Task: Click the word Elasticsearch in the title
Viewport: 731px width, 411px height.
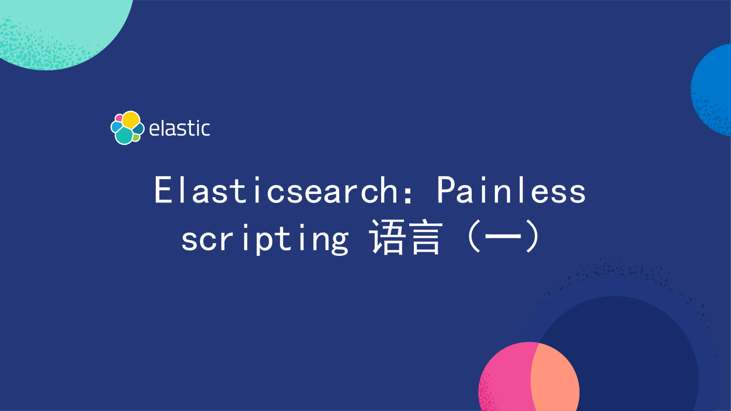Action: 276,190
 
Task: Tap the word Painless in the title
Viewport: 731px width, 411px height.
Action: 511,190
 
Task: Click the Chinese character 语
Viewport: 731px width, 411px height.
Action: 387,237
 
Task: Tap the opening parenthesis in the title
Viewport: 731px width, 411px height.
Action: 474,236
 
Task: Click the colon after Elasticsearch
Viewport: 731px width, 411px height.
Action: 408,195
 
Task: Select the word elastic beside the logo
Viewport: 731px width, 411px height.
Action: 180,128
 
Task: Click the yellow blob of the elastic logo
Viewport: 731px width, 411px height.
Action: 131,120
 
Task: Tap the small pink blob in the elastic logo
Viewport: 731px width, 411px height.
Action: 119,118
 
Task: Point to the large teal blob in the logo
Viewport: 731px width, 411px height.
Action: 124,135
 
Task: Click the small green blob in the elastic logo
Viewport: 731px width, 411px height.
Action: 136,138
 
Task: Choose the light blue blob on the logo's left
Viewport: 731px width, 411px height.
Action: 117,126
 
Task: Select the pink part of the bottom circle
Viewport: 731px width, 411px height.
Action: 504,379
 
